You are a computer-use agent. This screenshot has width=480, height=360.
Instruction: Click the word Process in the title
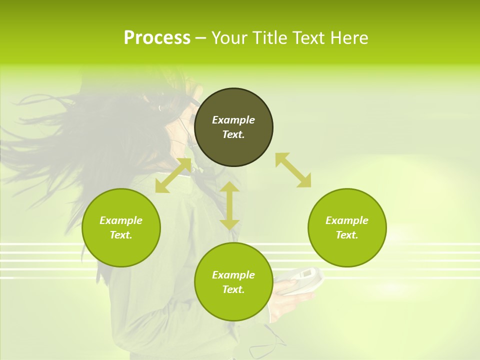[157, 38]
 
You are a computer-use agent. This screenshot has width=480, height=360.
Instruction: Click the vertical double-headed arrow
[229, 205]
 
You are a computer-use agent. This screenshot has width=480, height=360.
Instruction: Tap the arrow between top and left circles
[173, 175]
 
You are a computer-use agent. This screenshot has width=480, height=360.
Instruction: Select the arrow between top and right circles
[293, 170]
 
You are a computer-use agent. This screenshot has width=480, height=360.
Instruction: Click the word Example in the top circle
[233, 120]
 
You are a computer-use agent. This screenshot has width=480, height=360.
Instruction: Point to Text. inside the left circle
[121, 235]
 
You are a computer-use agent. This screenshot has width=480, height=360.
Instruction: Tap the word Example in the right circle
[347, 220]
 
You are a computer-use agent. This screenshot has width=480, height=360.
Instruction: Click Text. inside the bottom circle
[233, 289]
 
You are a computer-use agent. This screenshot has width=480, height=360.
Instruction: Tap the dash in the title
[200, 38]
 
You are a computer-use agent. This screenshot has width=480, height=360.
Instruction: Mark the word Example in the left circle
[121, 220]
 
